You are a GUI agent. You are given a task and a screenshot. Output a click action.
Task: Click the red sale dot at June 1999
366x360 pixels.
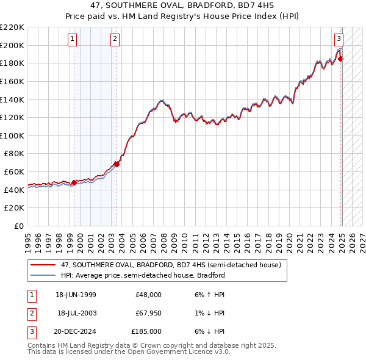point(74,182)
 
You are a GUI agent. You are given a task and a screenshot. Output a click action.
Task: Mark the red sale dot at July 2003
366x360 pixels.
point(117,164)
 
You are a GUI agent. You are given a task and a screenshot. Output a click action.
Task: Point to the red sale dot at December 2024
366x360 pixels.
point(341,59)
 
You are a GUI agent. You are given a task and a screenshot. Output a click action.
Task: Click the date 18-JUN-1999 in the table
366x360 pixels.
point(76,295)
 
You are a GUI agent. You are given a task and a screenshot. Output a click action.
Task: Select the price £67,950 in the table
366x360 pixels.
point(148,313)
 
